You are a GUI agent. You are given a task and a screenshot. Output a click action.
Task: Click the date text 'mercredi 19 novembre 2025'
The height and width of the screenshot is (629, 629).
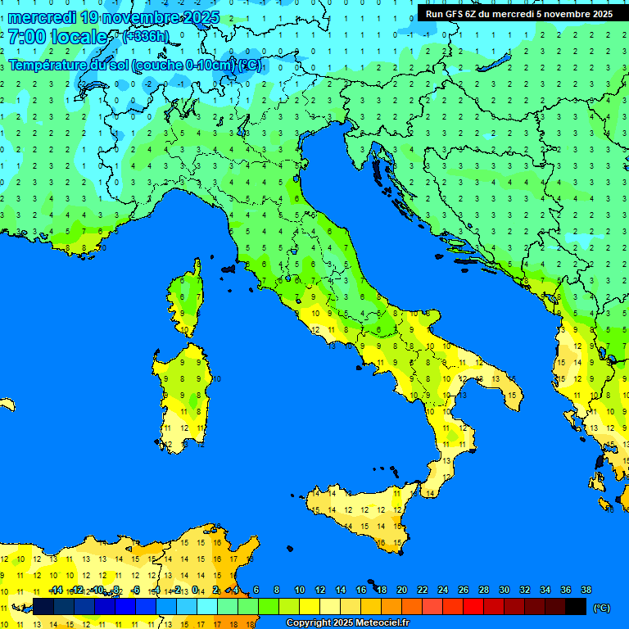(113, 17)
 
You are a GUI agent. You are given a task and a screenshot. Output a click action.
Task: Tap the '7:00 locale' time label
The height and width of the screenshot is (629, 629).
(58, 37)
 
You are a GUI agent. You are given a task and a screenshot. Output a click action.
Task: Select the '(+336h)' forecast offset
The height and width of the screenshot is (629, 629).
(145, 36)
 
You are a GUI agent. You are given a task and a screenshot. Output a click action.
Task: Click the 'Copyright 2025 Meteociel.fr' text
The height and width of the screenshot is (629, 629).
(347, 623)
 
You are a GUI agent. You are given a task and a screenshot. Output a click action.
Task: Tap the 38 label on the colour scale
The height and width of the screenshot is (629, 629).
(586, 590)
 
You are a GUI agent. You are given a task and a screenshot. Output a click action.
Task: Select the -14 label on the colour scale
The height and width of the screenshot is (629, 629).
(55, 590)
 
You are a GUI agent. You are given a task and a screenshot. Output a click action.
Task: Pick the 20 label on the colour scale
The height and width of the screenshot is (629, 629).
(402, 590)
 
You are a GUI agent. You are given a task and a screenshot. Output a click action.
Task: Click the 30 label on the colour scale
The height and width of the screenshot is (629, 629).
(505, 590)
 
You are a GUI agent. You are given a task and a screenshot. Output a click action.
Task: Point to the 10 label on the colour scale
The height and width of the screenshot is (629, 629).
(300, 590)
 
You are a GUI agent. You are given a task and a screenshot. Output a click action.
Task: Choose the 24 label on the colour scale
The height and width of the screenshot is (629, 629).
(443, 590)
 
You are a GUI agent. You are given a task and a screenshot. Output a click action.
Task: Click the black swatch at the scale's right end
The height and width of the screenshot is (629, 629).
(576, 607)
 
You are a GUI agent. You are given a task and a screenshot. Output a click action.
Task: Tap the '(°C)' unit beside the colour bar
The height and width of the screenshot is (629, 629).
(601, 608)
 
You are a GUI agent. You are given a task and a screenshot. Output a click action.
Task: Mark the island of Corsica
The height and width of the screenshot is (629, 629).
(188, 299)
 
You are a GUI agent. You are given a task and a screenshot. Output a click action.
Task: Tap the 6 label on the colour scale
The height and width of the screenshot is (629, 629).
(256, 590)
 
